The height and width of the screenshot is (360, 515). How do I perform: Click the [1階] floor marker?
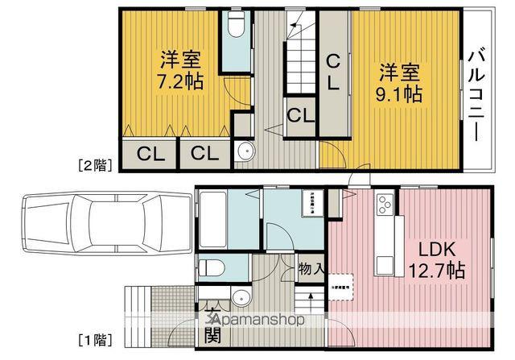[x=96, y=339]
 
